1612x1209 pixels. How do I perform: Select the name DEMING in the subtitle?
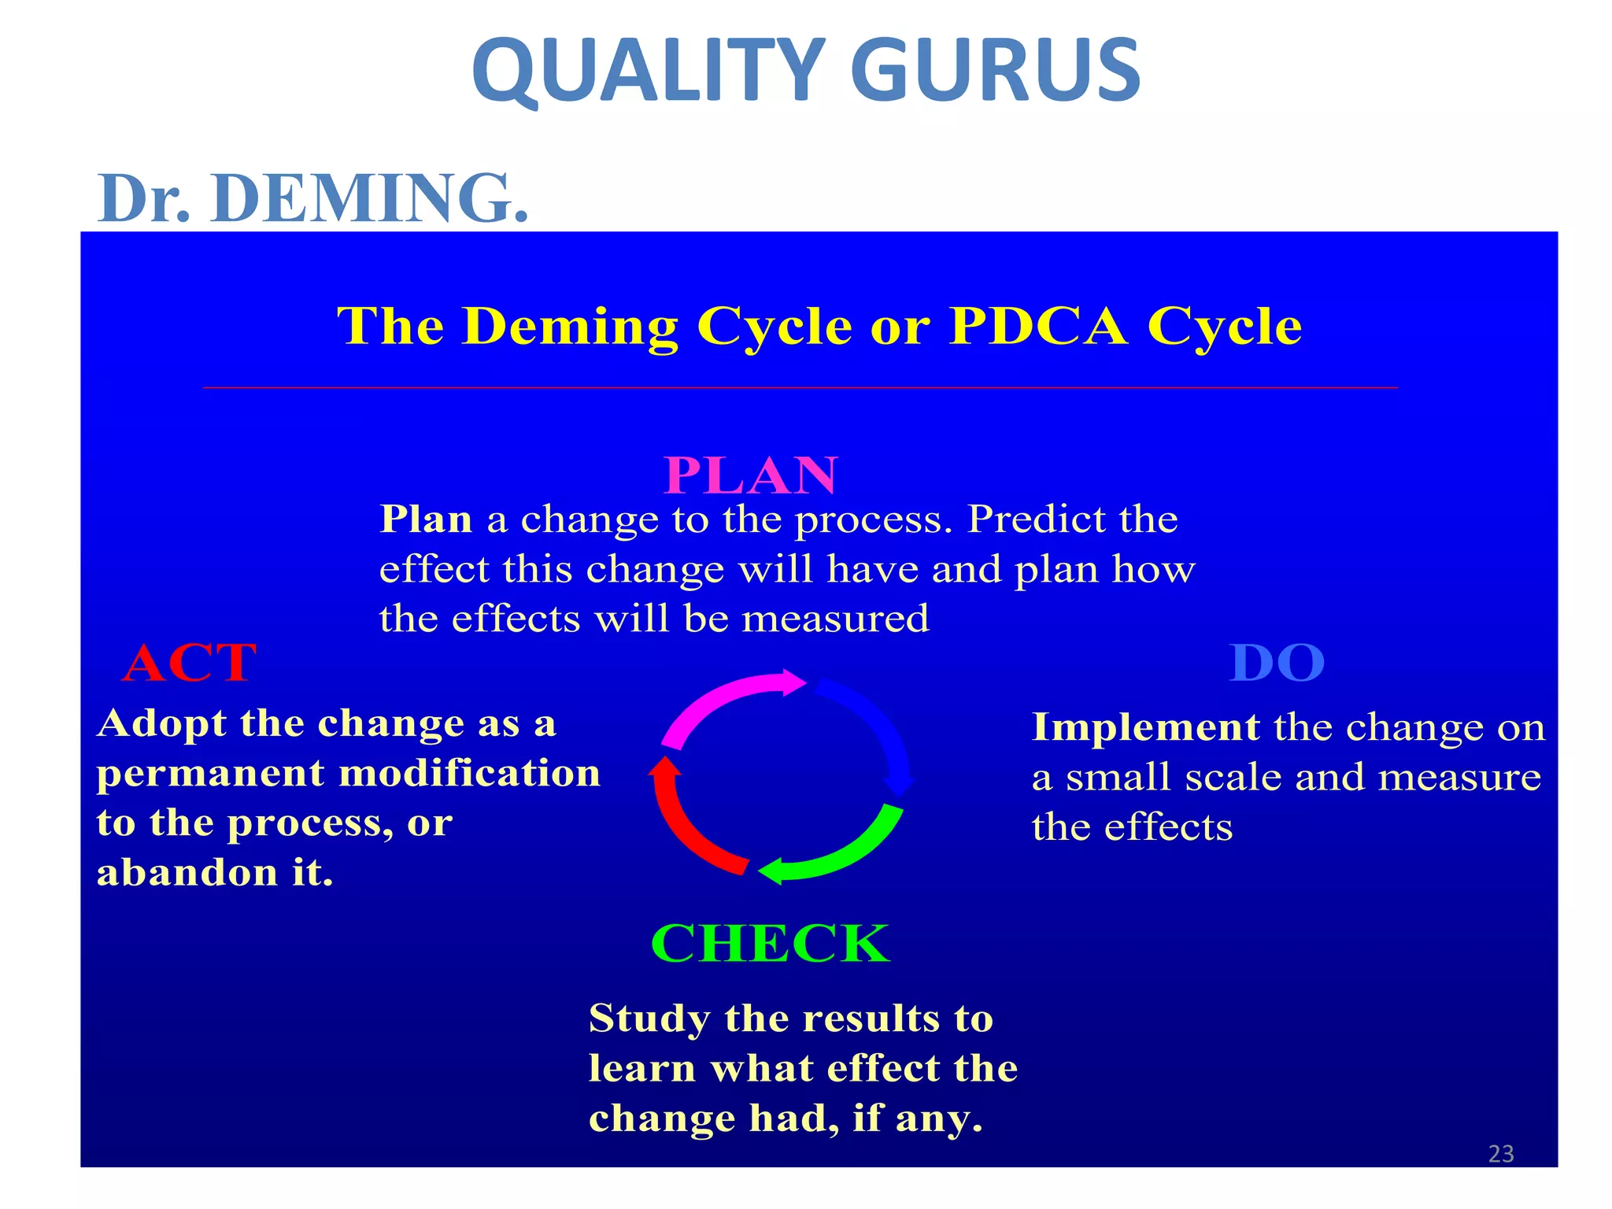tap(368, 198)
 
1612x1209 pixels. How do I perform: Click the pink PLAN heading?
tap(751, 475)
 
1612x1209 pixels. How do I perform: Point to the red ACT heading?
tap(190, 663)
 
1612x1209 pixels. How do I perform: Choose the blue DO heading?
tap(1277, 663)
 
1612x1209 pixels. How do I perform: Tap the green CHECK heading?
tap(770, 943)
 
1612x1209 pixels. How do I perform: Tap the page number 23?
tap(1501, 1154)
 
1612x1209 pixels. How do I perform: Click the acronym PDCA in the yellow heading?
tap(1038, 326)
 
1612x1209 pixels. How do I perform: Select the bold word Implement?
tap(1145, 727)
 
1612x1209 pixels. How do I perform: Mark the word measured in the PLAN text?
tap(835, 619)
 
